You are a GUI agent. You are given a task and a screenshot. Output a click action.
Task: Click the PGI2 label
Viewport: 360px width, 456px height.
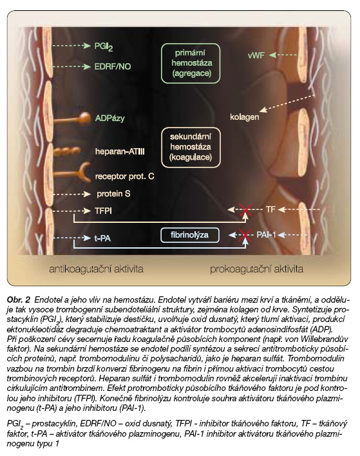104,47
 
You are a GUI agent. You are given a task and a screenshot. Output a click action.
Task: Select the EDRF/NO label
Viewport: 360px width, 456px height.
113,66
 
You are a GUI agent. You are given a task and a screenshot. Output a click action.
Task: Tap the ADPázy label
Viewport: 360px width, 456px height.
109,119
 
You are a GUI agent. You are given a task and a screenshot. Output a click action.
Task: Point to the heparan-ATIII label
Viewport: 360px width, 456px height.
120,151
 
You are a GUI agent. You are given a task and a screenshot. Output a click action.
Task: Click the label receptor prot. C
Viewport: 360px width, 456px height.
125,176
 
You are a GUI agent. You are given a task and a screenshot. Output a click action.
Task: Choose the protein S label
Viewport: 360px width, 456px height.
113,194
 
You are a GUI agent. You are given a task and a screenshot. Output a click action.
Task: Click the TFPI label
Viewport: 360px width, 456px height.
103,211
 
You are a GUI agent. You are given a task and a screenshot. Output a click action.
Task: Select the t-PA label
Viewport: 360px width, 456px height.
102,238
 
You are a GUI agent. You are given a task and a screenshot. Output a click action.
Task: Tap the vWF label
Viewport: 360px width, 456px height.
256,55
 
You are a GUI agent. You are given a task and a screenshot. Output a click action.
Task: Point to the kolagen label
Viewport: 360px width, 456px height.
244,117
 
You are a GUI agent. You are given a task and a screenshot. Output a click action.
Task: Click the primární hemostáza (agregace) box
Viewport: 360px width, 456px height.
191,63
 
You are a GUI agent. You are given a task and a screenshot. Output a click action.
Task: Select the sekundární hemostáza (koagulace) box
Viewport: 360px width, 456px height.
191,147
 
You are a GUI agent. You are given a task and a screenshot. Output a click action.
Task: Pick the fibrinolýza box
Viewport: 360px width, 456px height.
189,235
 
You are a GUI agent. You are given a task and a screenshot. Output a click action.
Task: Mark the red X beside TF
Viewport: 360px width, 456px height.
246,210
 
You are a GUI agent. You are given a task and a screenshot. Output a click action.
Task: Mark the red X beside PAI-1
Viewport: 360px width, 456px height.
245,235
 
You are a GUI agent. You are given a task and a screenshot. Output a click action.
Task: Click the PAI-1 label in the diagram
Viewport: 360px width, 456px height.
266,234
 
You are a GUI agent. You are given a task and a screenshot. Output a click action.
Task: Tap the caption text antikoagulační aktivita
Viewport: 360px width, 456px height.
96,269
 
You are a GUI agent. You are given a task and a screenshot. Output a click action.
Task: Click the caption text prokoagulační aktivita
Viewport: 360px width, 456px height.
256,269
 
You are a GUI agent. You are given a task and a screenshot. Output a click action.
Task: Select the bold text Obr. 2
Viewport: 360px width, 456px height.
18,300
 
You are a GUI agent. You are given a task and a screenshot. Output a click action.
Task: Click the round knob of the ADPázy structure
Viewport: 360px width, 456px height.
85,117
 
